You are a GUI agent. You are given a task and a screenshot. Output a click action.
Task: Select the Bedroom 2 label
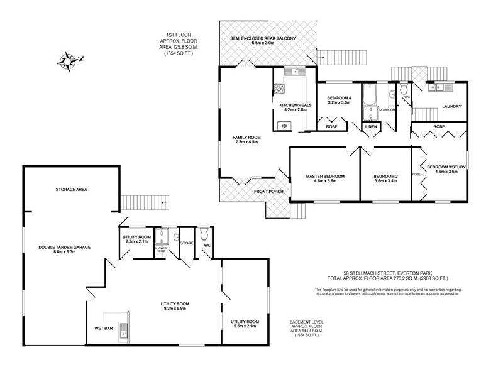coord(385,176)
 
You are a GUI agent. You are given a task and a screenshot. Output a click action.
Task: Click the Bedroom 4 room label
coord(340,98)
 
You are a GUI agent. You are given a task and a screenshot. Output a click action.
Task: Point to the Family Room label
coord(246,137)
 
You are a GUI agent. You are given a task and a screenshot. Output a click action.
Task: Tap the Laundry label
coord(452,106)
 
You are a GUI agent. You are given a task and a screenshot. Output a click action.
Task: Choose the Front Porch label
coord(268,191)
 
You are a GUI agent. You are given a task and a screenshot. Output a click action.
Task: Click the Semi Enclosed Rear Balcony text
coord(262,38)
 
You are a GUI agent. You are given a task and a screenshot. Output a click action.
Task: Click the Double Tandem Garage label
coord(64,248)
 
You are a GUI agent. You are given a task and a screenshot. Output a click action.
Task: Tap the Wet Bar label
coord(104,328)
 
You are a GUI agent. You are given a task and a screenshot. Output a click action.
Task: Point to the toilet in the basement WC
coord(203,235)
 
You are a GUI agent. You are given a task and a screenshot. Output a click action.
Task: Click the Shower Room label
coord(160,249)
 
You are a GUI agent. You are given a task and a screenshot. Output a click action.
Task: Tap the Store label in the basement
coord(186,243)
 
